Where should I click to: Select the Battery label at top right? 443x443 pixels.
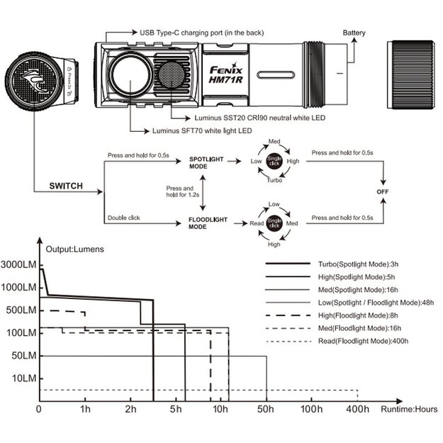(354, 33)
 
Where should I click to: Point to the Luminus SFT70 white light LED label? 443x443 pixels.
(202, 130)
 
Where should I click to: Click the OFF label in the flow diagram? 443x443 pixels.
(383, 191)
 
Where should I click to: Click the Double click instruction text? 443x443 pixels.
(123, 218)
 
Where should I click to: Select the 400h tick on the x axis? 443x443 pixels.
(358, 409)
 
